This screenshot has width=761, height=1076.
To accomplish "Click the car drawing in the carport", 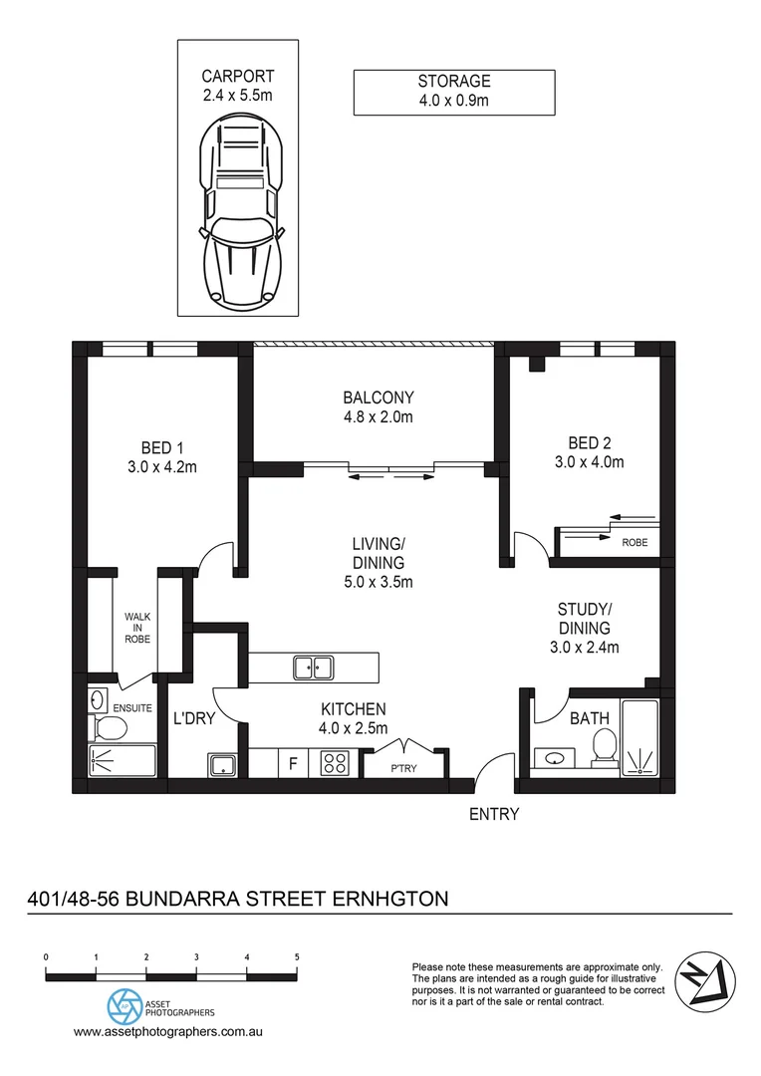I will tap(238, 214).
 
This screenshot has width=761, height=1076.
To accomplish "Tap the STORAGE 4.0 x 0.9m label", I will tap(454, 91).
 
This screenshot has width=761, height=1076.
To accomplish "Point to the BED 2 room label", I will tap(589, 451).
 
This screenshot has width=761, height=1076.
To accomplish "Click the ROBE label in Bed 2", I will tap(634, 544).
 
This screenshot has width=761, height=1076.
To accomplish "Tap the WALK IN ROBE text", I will tap(136, 628).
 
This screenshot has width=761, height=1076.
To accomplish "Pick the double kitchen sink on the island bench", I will tap(313, 667).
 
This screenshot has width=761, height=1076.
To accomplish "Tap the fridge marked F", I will tap(293, 765).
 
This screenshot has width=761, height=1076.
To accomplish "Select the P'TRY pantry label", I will tap(402, 768).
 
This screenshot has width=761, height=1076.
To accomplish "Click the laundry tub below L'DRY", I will tap(220, 765).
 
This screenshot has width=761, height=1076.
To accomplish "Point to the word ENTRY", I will tap(494, 814).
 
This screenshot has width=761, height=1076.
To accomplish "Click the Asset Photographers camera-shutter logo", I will tap(124, 1003).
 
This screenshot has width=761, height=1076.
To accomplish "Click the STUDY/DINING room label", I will tap(586, 628).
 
